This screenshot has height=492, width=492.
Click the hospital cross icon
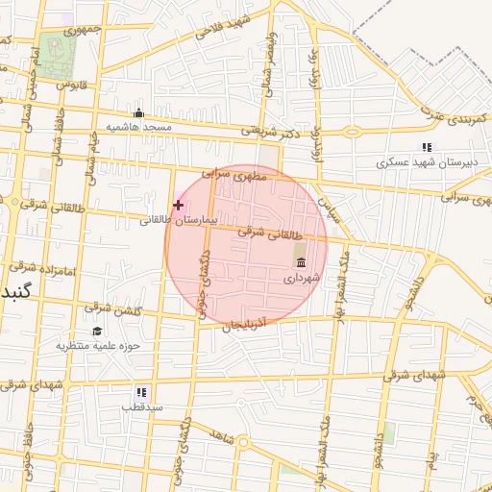pyautogui.click(x=178, y=205)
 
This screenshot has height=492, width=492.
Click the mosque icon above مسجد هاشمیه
pyautogui.click(x=138, y=112)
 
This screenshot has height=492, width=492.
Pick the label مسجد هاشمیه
pyautogui.click(x=138, y=127)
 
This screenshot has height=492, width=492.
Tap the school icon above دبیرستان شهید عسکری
pyautogui.click(x=428, y=147)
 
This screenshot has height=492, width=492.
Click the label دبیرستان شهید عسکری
pyautogui.click(x=423, y=162)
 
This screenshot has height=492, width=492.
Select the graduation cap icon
pyautogui.click(x=96, y=331)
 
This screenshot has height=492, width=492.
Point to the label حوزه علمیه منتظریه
pyautogui.click(x=98, y=345)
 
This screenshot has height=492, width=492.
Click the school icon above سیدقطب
pyautogui.click(x=141, y=392)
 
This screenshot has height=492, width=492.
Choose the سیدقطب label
pyautogui.click(x=141, y=406)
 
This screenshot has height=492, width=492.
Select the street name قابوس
pyautogui.click(x=71, y=86)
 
